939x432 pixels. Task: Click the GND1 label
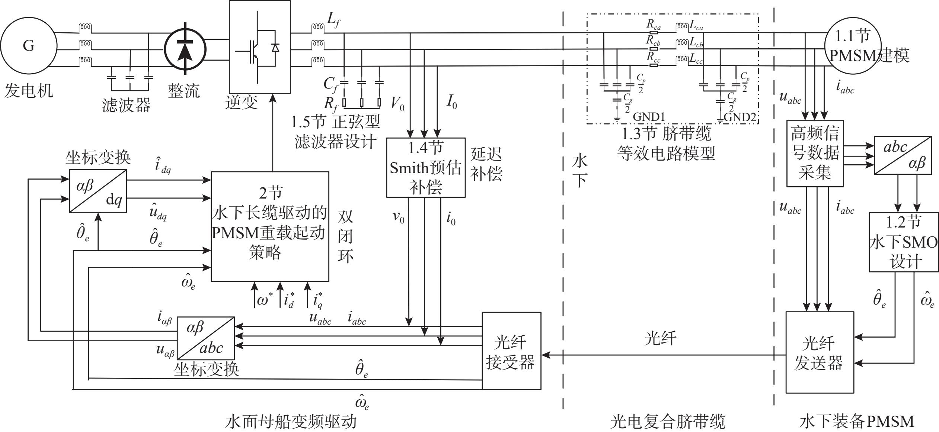point(649,117)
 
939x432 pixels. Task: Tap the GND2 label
point(740,117)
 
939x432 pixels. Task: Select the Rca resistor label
point(653,25)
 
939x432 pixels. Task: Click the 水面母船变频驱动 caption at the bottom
point(291,422)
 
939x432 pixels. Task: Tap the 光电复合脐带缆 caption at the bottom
point(668,422)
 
